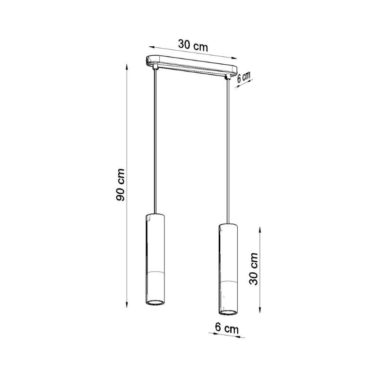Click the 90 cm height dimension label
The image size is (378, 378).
[x=120, y=185]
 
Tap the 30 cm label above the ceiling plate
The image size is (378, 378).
[x=193, y=45]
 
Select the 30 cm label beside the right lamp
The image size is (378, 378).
[x=254, y=268]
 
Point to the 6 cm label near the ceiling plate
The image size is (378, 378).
[x=243, y=77]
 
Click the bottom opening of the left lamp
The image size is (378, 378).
[x=155, y=302]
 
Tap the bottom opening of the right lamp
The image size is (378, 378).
[x=228, y=313]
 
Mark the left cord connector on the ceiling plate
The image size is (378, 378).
[x=155, y=67]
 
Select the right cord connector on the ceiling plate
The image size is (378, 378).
[x=227, y=77]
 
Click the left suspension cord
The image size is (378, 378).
[x=155, y=141]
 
